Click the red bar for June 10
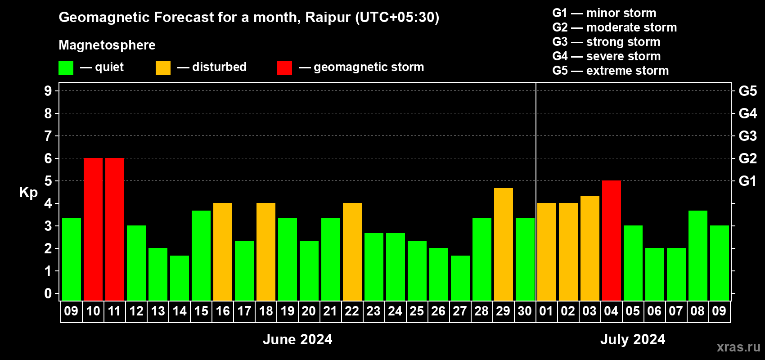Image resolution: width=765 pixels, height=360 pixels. click(x=93, y=229)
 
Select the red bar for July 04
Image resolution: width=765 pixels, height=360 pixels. click(x=611, y=240)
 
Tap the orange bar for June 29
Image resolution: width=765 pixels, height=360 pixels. click(x=504, y=244)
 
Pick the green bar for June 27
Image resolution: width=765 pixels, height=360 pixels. click(x=460, y=278)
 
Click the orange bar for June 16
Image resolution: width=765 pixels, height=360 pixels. click(x=223, y=252)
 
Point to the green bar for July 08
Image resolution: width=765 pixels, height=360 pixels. click(x=697, y=256)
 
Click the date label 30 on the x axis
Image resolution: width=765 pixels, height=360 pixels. click(x=525, y=311)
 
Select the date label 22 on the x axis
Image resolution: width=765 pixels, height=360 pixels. click(x=352, y=311)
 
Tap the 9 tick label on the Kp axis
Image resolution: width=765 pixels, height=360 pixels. click(x=48, y=91)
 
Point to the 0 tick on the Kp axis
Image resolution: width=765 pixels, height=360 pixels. click(x=48, y=293)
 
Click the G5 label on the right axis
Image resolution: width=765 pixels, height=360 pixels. click(x=748, y=91)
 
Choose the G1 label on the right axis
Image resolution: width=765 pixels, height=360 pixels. click(x=747, y=181)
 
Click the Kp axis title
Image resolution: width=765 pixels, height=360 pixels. click(x=28, y=192)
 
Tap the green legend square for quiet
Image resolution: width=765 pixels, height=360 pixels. click(x=66, y=67)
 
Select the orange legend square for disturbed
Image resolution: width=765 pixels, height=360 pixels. click(x=163, y=67)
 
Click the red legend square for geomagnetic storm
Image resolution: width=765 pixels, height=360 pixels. click(x=284, y=67)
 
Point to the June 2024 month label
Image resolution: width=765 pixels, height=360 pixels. click(x=297, y=339)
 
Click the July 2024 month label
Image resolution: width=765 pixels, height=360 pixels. click(x=633, y=339)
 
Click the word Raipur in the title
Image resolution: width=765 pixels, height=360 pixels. click(x=328, y=18)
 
